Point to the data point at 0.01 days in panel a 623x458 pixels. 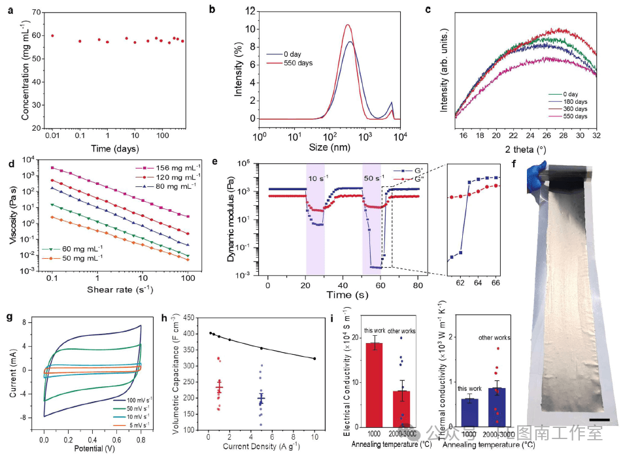(53, 36)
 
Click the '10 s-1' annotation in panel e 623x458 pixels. (316, 178)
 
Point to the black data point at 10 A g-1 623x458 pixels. (314, 359)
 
